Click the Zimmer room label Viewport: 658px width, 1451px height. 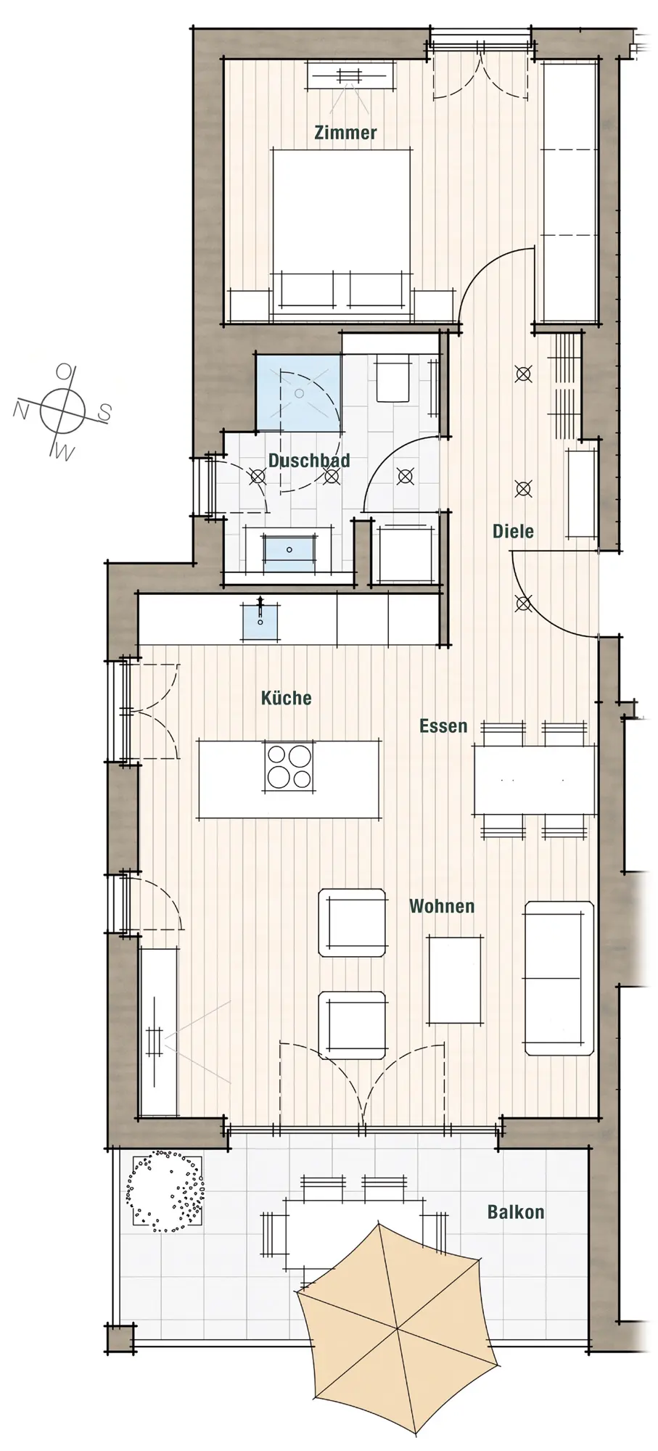pos(345,133)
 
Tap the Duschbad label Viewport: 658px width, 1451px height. pos(309,461)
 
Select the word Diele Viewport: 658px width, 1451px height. pos(513,531)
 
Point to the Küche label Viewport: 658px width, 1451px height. pos(286,698)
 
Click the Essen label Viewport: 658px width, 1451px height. pos(443,726)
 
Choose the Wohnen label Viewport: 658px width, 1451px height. pos(442,906)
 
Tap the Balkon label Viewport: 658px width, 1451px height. pos(516,1212)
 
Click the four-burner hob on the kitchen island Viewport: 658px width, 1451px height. pos(289,767)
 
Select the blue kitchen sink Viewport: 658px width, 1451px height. pos(260,620)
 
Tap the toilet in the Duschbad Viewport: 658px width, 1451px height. pos(392,378)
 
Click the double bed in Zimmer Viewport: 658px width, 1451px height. pos(341,235)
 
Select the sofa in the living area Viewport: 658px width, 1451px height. pos(559,978)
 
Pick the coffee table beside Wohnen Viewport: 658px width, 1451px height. pos(455,979)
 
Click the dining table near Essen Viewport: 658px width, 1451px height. pos(535,780)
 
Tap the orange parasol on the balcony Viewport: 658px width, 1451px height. pos(397,1329)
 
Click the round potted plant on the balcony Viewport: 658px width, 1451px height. pos(166,1191)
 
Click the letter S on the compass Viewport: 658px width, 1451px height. pos(104,414)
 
